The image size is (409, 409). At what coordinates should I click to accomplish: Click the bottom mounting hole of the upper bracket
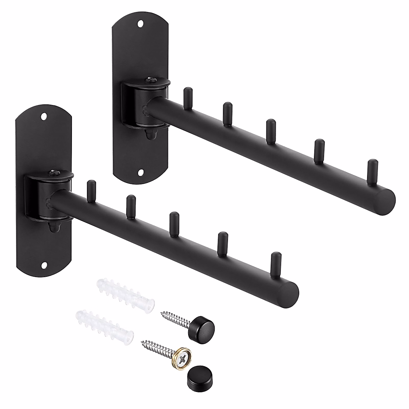(x=140, y=173)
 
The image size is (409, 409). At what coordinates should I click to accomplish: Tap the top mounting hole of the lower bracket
(x=44, y=117)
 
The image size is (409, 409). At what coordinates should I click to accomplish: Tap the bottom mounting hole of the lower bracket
(x=44, y=264)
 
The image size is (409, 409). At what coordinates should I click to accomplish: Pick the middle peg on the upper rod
(x=271, y=131)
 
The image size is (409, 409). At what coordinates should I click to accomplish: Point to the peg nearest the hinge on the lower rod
(x=90, y=191)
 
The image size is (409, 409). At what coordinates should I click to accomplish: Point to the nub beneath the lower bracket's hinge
(x=53, y=227)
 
